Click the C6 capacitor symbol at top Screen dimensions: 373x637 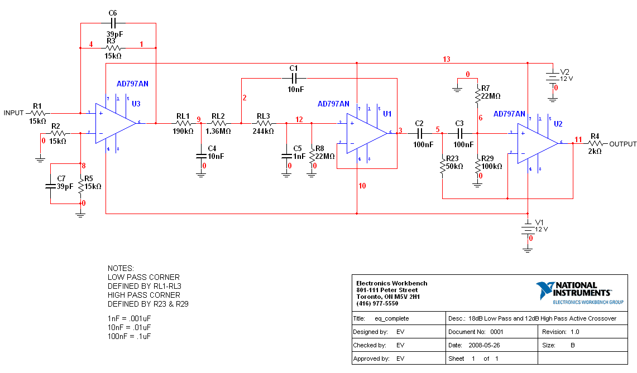point(113,23)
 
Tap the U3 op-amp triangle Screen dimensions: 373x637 point(114,123)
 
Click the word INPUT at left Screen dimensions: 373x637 point(14,113)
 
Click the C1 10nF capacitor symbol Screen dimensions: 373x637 point(294,78)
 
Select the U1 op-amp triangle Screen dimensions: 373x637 point(365,133)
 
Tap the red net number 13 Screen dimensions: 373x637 point(446,59)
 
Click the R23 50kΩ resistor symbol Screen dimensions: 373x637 point(442,166)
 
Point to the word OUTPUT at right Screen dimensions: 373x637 point(622,144)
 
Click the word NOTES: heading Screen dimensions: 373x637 point(121,268)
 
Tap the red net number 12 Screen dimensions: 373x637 point(299,119)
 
